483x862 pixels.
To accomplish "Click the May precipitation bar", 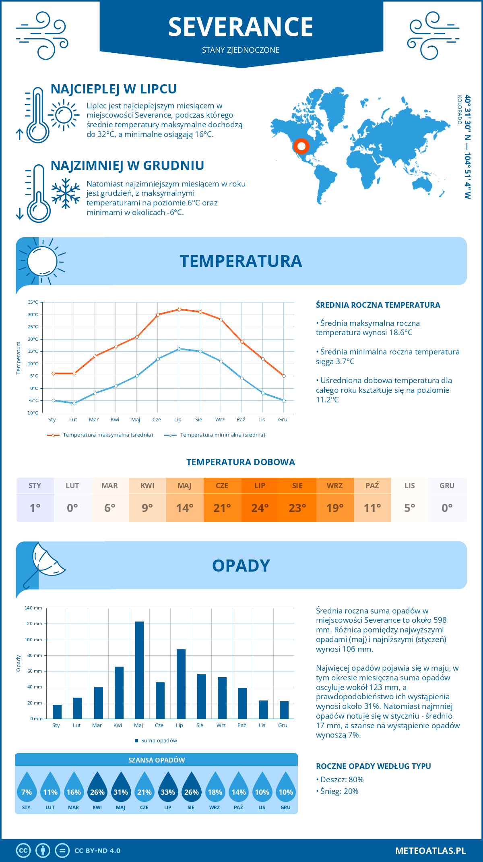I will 140,670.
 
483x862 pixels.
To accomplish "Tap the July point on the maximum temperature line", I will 179,309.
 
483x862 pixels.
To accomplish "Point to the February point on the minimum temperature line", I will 74,403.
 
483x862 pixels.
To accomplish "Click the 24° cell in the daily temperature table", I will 260,508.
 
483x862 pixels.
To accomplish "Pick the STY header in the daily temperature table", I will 35,486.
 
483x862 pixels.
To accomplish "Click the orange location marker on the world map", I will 301,146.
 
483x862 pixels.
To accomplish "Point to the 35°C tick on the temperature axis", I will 33,302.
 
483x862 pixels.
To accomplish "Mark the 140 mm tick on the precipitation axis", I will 33,608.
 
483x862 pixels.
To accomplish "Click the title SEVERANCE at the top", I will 241,27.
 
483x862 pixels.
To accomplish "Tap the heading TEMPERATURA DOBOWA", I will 241,462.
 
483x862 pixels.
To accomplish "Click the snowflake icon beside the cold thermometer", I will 66,194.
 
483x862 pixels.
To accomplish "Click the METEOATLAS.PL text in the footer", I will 430,851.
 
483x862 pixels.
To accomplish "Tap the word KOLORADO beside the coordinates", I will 459,110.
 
